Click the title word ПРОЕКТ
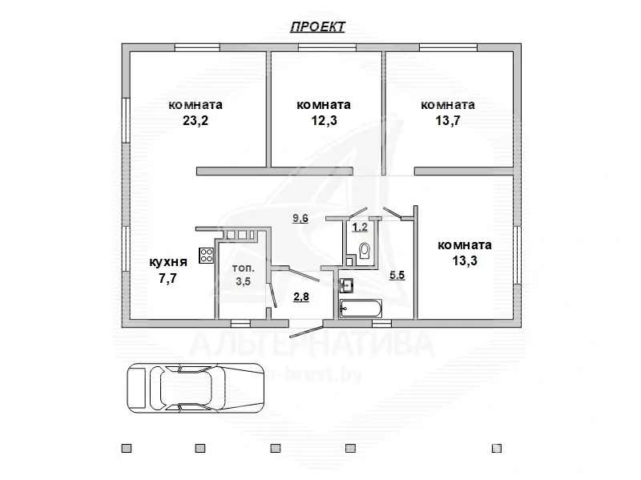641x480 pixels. (317, 26)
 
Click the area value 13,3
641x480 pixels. (465, 260)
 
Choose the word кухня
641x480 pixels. (168, 262)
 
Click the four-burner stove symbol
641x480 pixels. (206, 256)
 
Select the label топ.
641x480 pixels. (244, 268)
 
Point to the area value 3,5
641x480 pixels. (244, 281)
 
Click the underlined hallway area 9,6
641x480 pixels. (300, 218)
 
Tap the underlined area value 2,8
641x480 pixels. (301, 296)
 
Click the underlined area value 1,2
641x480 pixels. (361, 227)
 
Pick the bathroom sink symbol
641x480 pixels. (347, 284)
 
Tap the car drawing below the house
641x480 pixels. (197, 388)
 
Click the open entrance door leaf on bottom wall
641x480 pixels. (306, 330)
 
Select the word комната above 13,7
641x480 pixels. (447, 105)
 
